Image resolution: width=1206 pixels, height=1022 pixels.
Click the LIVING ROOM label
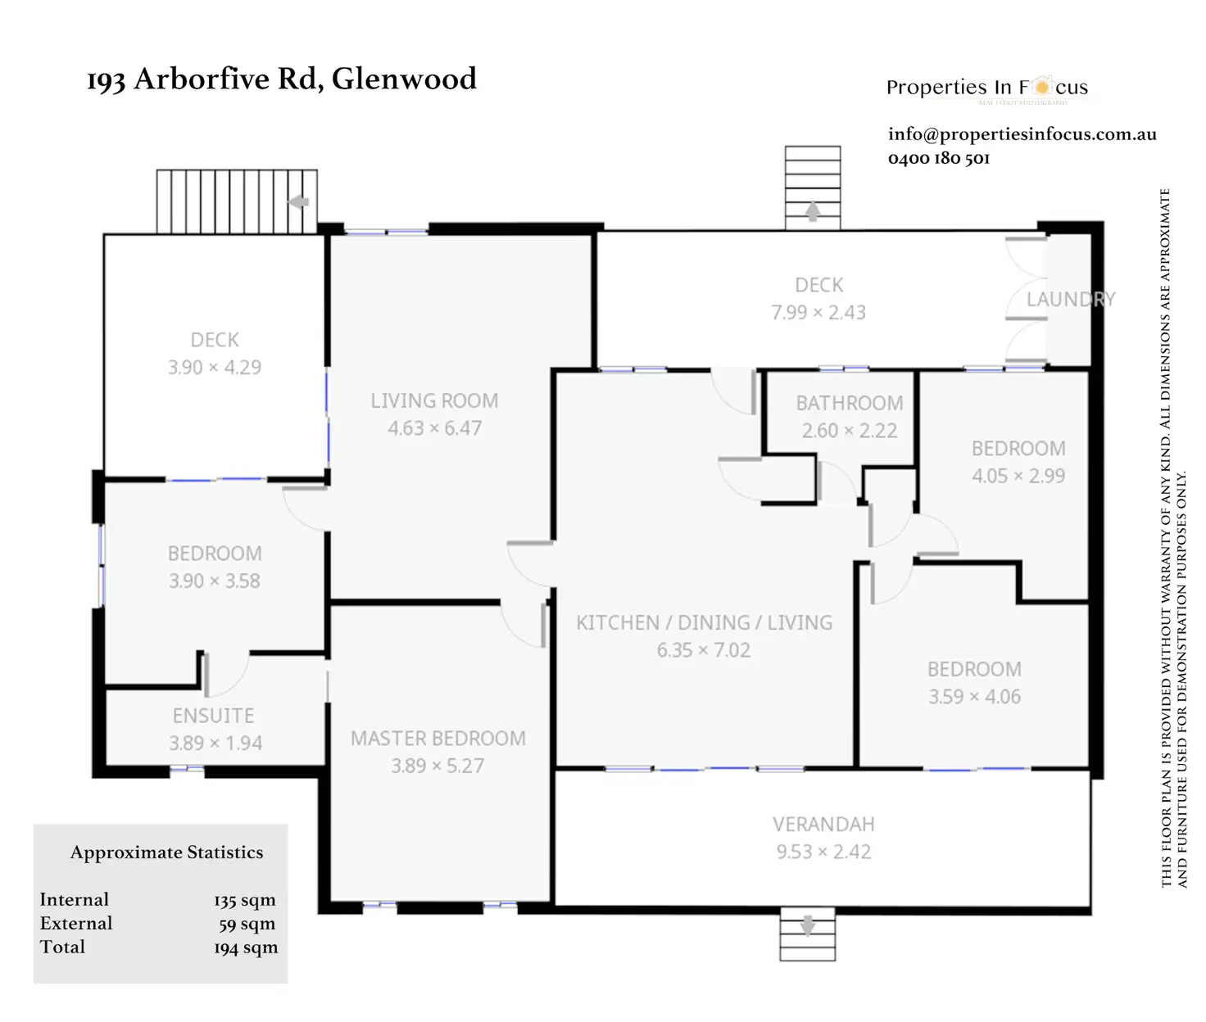(434, 400)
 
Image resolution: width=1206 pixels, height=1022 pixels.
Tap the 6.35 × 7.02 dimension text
(703, 650)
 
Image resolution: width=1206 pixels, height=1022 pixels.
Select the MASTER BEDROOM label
(438, 739)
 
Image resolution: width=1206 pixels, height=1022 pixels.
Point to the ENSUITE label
(213, 716)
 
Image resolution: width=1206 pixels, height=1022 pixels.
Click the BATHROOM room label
(850, 403)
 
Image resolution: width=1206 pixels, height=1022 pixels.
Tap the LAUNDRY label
(1070, 300)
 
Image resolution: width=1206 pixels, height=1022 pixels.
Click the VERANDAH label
(823, 825)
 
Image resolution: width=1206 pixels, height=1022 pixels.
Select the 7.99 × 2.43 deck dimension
(818, 313)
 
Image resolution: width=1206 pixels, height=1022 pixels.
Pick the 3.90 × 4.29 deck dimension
(215, 368)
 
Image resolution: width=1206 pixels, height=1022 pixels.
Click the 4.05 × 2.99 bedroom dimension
(1018, 476)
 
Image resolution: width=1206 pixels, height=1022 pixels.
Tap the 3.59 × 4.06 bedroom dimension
(974, 697)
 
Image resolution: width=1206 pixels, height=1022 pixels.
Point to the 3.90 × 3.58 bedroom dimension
(215, 581)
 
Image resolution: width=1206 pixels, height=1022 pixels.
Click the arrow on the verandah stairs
(807, 925)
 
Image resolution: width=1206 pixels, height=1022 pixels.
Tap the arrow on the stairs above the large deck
(812, 211)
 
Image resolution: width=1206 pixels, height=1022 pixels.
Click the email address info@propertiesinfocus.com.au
(1022, 134)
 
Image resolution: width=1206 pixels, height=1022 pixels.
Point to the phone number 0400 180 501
(938, 158)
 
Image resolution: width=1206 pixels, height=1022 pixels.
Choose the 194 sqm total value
(245, 947)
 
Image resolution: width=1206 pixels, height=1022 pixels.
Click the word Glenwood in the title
(404, 79)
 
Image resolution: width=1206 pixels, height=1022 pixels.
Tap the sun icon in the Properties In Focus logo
(1041, 86)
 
